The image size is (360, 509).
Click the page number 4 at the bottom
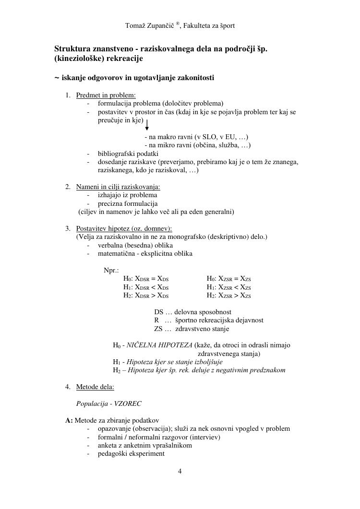click(180, 471)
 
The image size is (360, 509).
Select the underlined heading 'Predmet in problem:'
click(106, 95)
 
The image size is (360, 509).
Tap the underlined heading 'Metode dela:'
click(95, 387)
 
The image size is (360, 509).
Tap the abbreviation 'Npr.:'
click(111, 270)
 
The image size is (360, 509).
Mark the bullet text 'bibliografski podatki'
click(128, 154)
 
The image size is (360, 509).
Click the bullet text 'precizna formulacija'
click(128, 203)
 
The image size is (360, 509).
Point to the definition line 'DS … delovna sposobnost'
click(192, 312)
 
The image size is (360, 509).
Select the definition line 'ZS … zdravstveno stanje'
click(192, 329)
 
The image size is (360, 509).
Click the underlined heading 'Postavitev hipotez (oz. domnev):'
click(124, 228)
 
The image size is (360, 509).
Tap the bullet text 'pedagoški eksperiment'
click(131, 453)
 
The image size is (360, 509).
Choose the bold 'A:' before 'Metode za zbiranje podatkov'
click(69, 420)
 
